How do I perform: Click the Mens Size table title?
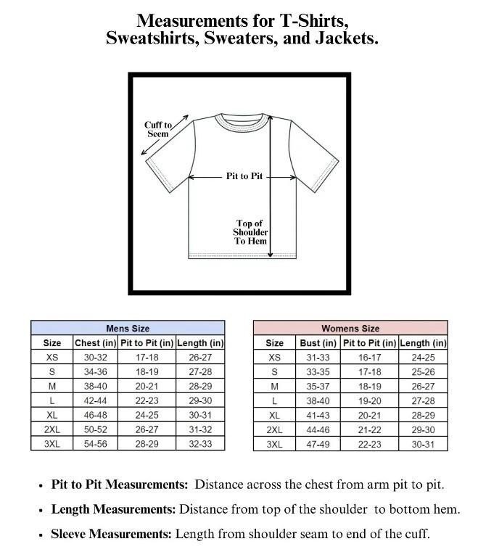point(128,329)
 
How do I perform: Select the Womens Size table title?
point(350,329)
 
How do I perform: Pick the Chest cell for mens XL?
point(95,416)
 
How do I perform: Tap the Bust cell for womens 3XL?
point(318,444)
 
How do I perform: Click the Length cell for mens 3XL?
point(200,444)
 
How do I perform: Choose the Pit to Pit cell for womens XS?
point(368,358)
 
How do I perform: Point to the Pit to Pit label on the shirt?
point(244,176)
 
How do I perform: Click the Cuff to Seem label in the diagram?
point(158,130)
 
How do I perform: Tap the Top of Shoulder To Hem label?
point(250,232)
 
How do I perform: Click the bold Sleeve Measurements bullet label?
point(112,535)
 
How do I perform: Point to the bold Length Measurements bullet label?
point(114,510)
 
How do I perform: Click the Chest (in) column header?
point(95,343)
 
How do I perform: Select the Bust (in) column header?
point(318,343)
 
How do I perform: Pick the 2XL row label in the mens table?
point(52,429)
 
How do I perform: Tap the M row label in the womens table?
point(275,387)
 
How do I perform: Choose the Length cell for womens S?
point(423,372)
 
